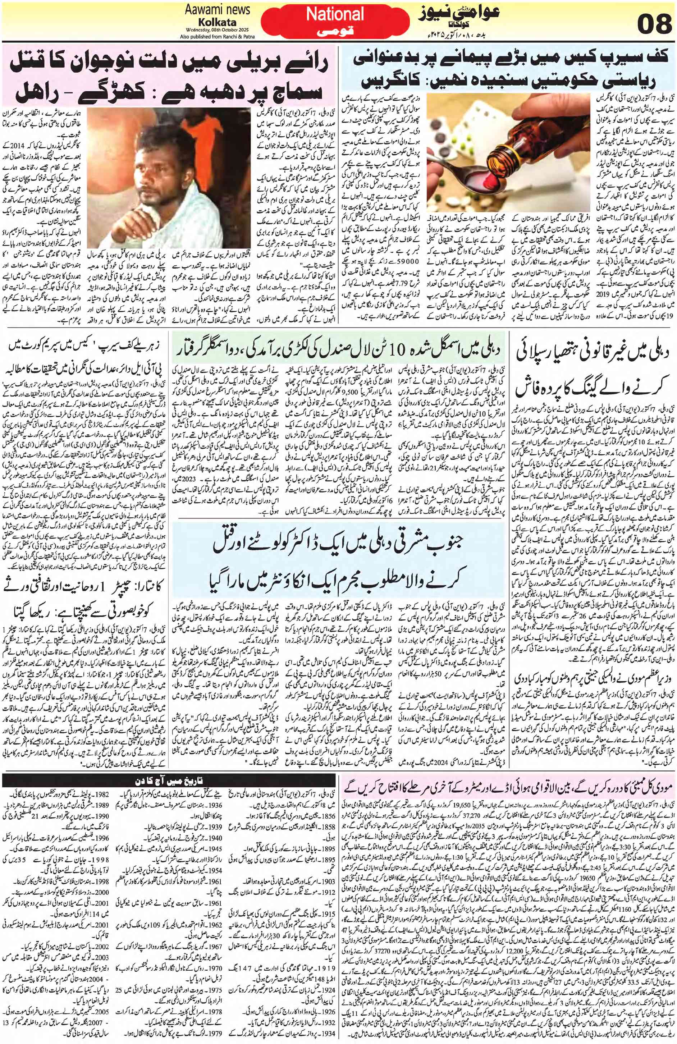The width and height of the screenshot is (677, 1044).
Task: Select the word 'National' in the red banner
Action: point(335,14)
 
